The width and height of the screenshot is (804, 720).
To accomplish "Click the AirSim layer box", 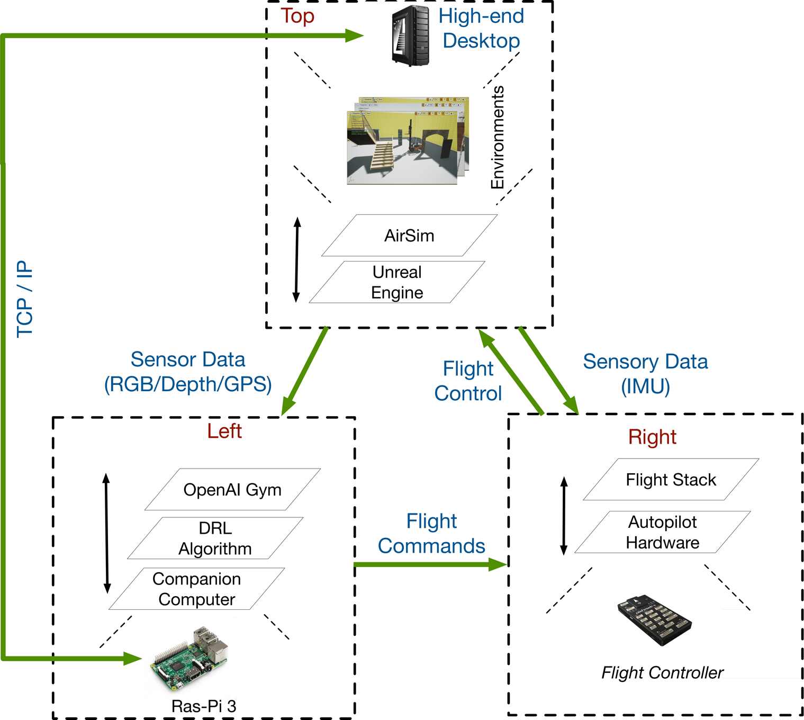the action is coord(409,236).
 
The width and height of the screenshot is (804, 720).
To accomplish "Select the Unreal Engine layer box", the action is coord(397,282).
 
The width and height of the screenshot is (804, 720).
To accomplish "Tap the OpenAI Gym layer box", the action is coord(232,489).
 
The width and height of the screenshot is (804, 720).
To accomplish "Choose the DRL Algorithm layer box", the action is coord(215,538).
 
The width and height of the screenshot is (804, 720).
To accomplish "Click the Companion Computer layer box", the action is coord(197,589).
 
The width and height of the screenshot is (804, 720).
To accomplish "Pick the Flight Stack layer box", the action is coord(671,479).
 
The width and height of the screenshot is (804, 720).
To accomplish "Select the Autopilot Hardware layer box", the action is coord(662,532).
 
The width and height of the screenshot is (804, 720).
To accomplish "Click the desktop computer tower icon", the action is coord(410,35).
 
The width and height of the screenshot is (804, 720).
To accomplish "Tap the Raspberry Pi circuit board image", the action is coord(189,659).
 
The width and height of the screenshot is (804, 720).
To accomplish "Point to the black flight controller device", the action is coord(654,619).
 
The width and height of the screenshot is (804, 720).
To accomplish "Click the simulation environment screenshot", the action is coord(408,140).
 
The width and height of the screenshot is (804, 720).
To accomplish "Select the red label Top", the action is coord(297,16).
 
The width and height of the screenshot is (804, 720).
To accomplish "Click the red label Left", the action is coord(224,431).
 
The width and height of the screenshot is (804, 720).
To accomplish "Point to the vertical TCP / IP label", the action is coord(24,299).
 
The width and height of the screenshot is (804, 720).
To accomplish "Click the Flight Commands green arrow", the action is coord(431,564).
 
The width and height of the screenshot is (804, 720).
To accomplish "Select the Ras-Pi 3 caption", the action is coord(204,707).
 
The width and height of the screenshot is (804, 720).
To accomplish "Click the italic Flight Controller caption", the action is coord(662,673).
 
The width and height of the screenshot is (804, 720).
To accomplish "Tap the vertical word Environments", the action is coord(497,137).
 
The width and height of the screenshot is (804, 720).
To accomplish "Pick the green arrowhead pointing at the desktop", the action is coord(355,35).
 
